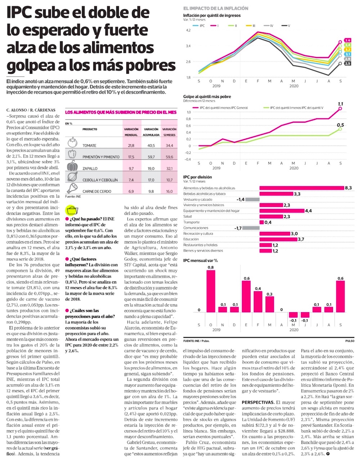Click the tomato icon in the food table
pos(72,142)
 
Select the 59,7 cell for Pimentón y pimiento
pos(151,157)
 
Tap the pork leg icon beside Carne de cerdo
pos(72,188)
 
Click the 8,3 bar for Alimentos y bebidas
pos(302,188)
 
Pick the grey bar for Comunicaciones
pos(251,228)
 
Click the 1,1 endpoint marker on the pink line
pos(341,108)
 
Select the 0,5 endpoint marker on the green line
pos(340,129)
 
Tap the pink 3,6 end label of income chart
pos(347,40)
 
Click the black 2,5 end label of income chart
pos(347,63)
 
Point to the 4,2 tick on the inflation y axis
pos(188,30)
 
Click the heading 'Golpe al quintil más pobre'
pos(207,97)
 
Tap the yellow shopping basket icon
pos(72,210)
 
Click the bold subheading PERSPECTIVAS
pos(258,402)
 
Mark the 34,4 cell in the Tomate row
pos(169,146)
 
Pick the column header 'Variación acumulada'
pos(151,132)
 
